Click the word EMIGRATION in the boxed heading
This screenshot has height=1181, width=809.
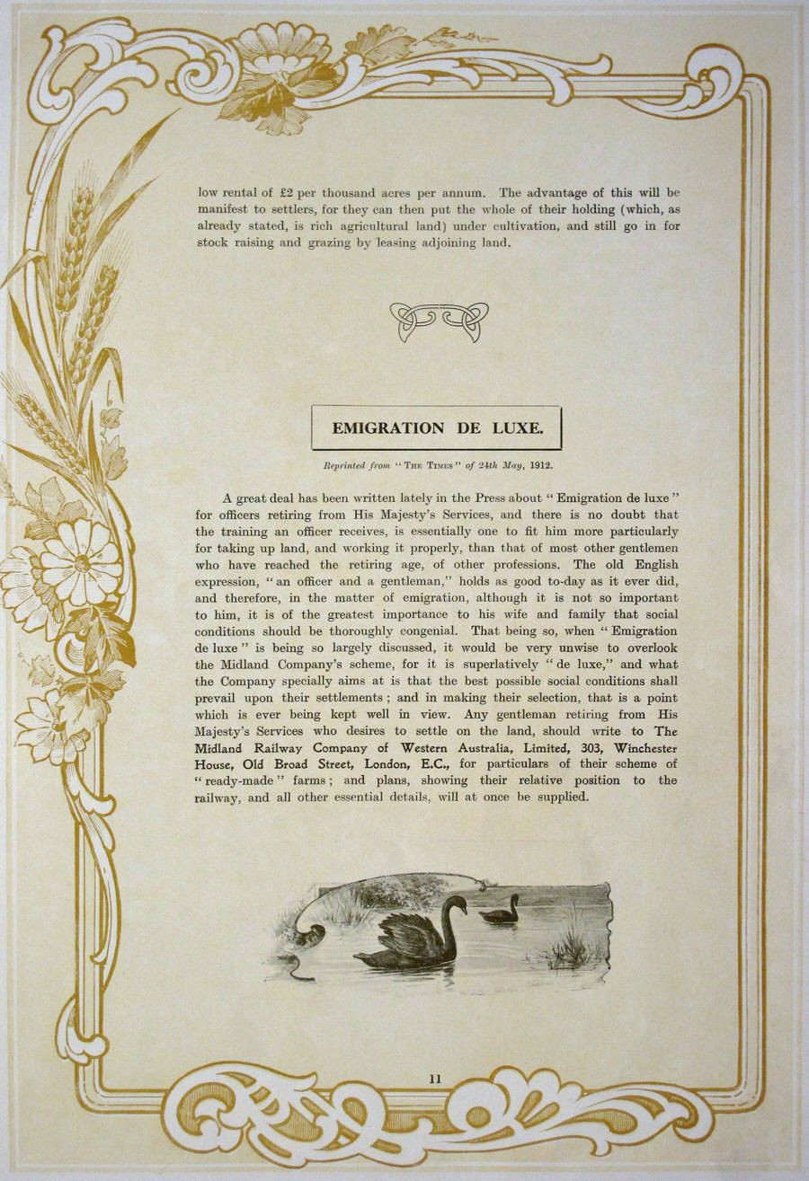click(388, 428)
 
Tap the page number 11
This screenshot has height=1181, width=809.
click(435, 1079)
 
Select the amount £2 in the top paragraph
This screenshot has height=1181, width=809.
click(288, 193)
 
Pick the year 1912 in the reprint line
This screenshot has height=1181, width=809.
click(540, 465)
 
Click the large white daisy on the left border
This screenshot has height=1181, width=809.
click(82, 560)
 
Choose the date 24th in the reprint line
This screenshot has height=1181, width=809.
click(488, 465)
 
